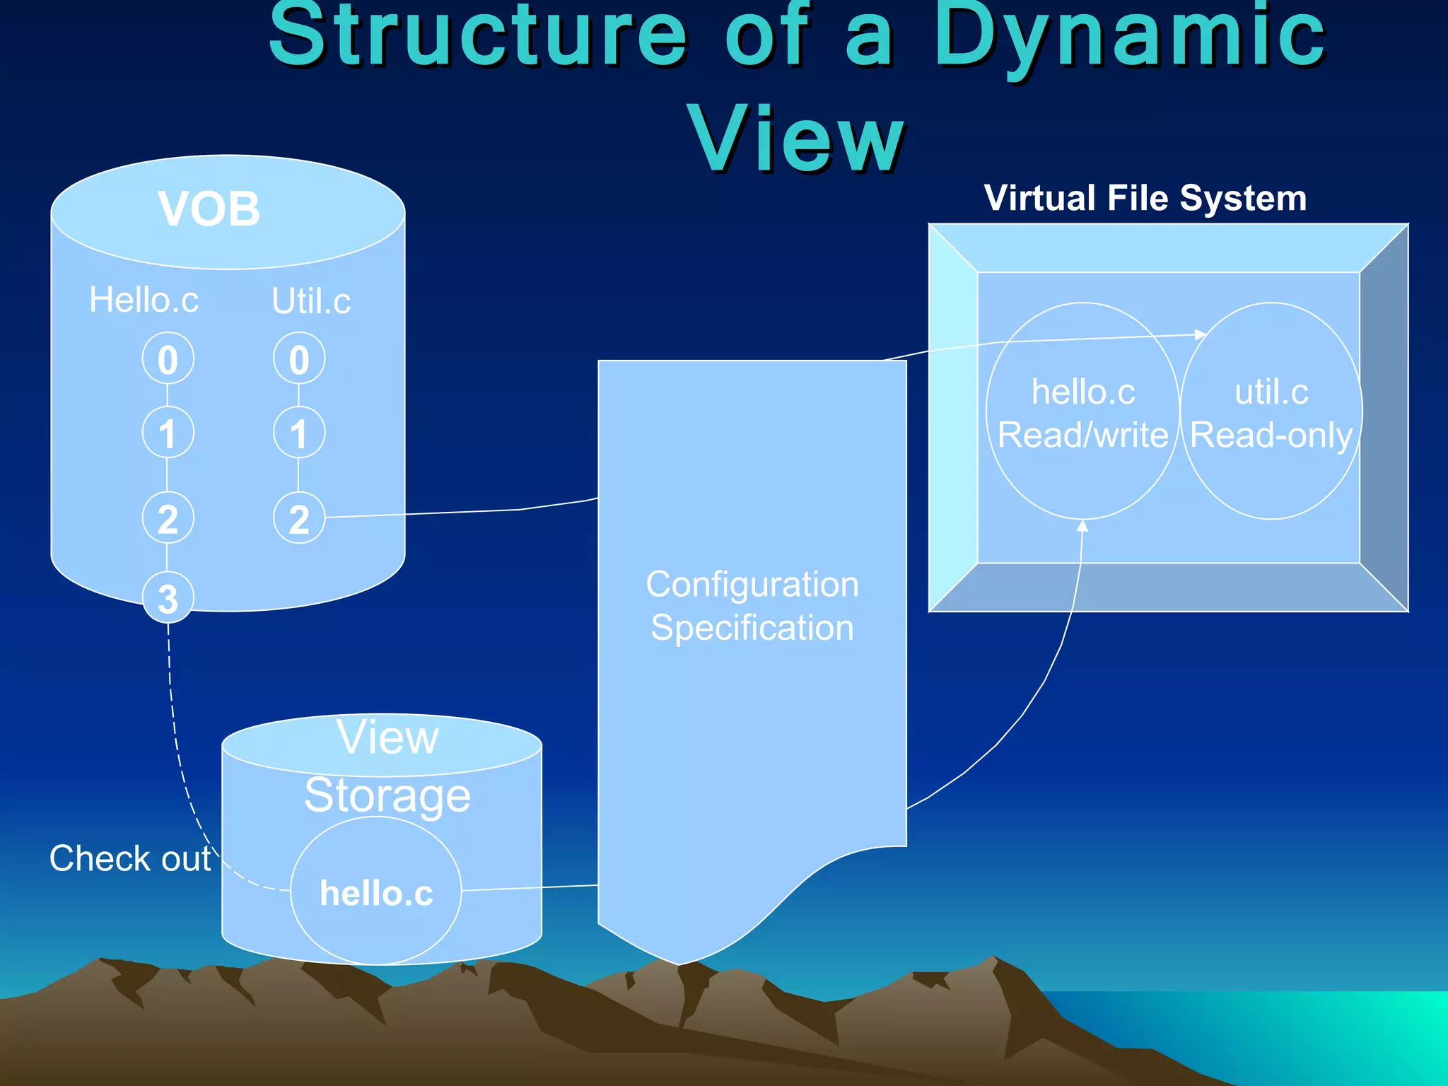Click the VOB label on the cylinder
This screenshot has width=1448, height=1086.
209,209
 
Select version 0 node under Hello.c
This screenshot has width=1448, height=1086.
168,359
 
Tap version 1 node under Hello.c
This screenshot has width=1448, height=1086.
168,433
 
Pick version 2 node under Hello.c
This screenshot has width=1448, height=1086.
168,518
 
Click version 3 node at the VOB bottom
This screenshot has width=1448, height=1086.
168,598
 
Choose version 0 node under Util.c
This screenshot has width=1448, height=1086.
299,359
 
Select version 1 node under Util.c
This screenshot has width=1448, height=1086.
299,433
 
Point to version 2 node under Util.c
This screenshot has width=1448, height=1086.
299,518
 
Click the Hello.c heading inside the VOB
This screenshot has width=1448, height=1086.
144,300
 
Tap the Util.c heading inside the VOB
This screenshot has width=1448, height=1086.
311,301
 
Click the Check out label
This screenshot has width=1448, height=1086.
130,858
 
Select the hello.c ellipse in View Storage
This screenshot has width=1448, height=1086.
376,892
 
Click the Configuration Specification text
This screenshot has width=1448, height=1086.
752,606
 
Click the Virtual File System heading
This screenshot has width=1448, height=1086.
1145,198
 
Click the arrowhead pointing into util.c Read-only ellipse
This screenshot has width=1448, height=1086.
1200,334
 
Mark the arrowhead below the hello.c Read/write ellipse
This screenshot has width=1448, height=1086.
1082,526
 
